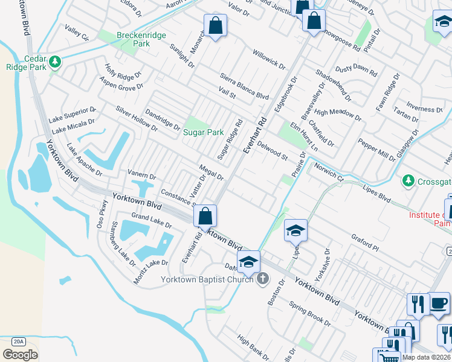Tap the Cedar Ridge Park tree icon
[x=55, y=62]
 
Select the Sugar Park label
[x=204, y=132]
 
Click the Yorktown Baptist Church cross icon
[x=262, y=279]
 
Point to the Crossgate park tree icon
[x=408, y=180]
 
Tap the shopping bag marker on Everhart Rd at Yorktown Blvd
[x=205, y=215]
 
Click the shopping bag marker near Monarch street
[x=215, y=25]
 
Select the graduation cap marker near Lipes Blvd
[x=295, y=230]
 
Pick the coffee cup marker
[x=439, y=303]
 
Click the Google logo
[x=20, y=355]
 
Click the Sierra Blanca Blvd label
[x=244, y=86]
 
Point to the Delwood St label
[x=272, y=150]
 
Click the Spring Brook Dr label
[x=309, y=313]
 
